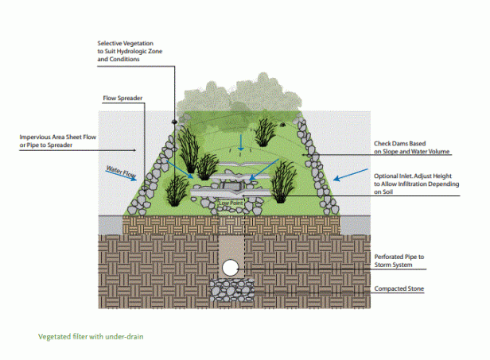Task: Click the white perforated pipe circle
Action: [230, 268]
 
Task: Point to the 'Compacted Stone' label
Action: [400, 289]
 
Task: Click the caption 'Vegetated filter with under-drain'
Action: [91, 336]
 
